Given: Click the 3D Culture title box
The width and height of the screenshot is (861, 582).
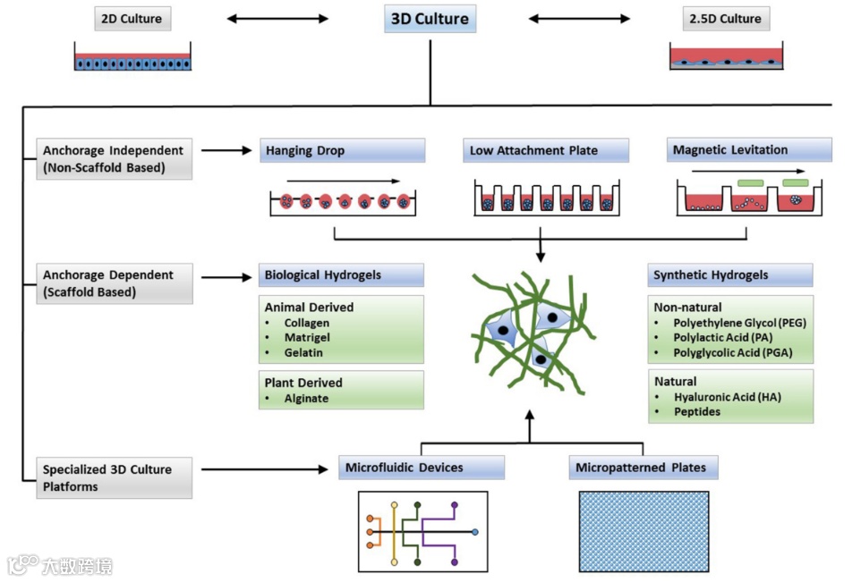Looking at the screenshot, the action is point(430,19).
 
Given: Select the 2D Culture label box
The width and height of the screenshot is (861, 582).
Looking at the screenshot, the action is point(132,19).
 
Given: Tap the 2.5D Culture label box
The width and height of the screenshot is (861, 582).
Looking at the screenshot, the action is point(725,19).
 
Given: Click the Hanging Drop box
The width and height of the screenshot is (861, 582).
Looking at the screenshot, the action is point(342,150).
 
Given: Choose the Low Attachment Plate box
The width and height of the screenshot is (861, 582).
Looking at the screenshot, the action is point(546,150).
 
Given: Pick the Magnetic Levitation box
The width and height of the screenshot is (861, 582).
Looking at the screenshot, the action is point(749,150).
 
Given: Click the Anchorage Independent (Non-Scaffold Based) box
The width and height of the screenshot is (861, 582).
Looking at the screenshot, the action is point(115,159).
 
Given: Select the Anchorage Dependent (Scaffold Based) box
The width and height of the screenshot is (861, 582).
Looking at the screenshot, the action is point(115,283).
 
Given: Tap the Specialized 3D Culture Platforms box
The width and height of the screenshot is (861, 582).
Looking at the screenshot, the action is point(115,477).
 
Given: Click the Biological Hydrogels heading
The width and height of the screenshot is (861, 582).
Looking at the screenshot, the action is point(341,274).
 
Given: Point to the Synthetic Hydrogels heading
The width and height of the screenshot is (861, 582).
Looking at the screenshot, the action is point(730,274).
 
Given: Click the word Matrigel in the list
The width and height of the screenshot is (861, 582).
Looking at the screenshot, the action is point(307,337).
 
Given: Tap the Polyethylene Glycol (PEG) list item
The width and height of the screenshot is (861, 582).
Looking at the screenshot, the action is point(739,323).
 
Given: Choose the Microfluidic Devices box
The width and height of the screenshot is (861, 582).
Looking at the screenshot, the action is point(422,468).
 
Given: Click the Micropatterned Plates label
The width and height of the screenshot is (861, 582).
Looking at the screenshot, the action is point(643,468).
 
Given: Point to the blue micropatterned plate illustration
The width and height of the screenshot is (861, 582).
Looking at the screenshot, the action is point(644,532).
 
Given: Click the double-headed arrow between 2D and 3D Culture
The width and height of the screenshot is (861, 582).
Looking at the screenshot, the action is point(277,19).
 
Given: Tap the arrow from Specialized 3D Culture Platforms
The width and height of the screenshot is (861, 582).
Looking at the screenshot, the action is point(265,469).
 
